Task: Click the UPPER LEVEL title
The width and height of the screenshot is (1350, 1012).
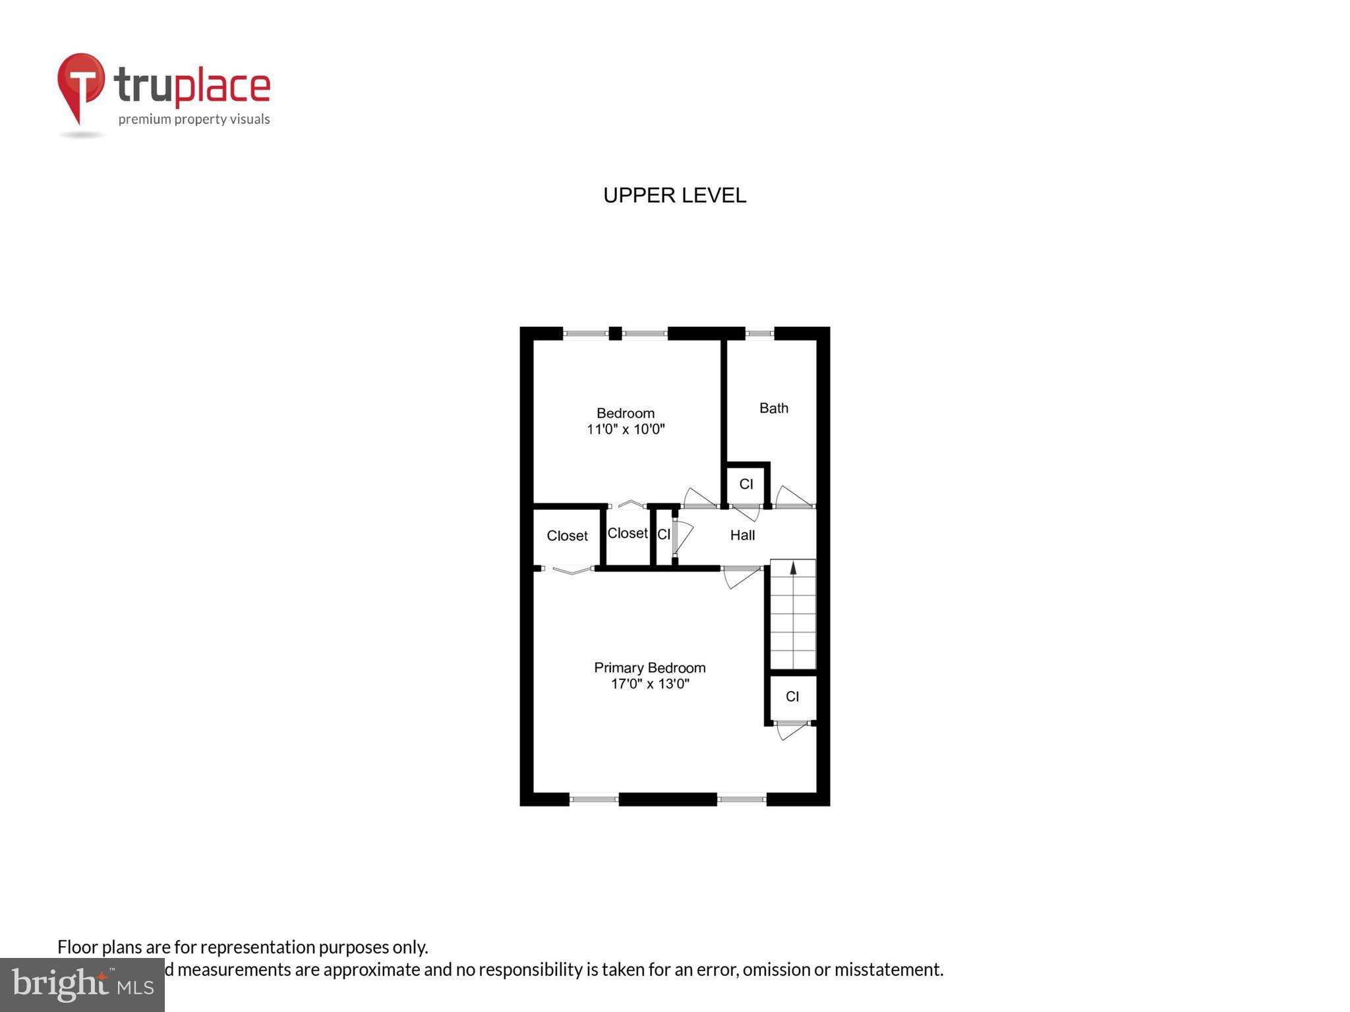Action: click(x=674, y=196)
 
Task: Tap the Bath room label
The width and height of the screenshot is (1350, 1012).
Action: click(x=773, y=408)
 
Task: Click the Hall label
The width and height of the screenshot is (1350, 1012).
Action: click(x=742, y=536)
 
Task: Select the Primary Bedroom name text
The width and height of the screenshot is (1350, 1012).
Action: click(x=649, y=667)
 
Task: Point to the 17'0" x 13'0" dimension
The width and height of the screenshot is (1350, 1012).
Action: click(x=649, y=684)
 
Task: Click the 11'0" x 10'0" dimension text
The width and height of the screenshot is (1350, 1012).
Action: click(x=625, y=430)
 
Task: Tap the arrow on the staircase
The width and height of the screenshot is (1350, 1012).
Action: click(x=793, y=568)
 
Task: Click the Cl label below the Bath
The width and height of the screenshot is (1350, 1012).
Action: click(x=746, y=484)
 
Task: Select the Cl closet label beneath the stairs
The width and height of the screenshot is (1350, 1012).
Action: click(x=792, y=696)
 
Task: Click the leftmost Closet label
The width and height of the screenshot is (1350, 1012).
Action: click(x=567, y=536)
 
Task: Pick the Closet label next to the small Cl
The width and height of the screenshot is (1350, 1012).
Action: click(x=627, y=533)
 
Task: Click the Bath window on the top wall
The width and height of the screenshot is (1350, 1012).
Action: click(x=759, y=333)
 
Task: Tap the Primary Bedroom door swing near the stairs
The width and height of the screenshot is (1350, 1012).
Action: click(x=741, y=578)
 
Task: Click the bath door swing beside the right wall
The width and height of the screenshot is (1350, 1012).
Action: click(x=793, y=497)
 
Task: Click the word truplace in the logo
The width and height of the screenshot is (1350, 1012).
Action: click(x=192, y=86)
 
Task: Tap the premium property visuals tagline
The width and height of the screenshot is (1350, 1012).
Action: click(x=194, y=119)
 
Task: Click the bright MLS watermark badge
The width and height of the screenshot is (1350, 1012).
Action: click(x=82, y=984)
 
